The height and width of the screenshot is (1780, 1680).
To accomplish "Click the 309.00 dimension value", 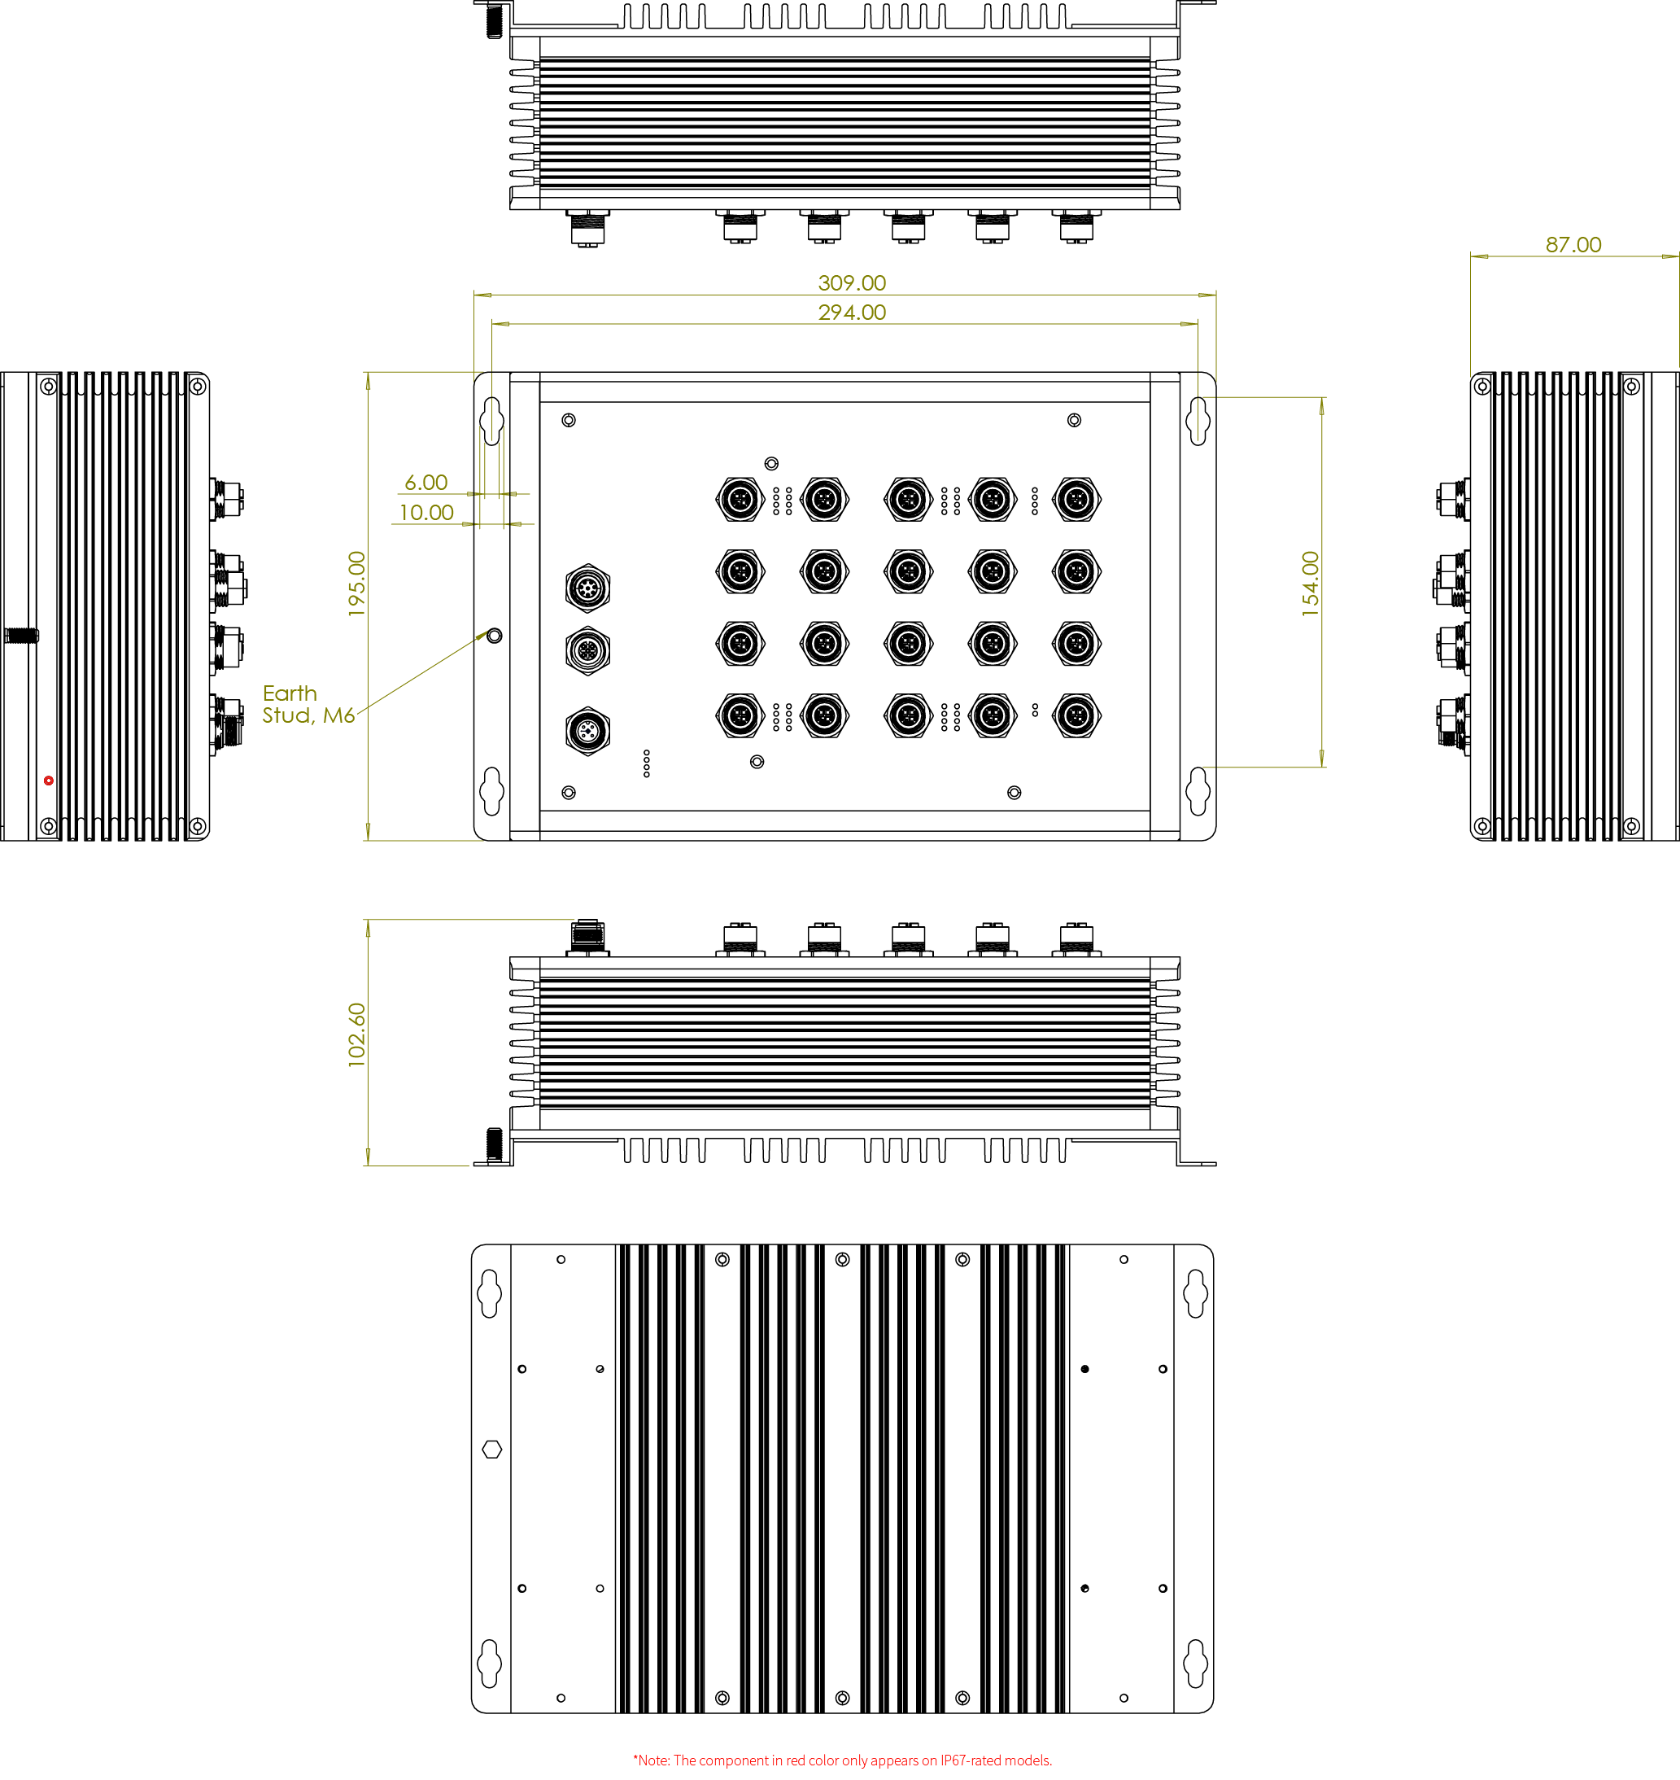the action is tap(852, 283).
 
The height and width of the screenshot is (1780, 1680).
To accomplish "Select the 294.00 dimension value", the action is tap(852, 313).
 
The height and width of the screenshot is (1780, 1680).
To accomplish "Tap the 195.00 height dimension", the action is tap(356, 584).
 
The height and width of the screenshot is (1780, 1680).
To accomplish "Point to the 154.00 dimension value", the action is tap(1310, 584).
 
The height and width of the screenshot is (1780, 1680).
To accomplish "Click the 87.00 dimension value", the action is tap(1573, 244).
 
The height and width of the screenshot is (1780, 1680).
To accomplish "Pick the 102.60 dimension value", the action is tap(356, 1034).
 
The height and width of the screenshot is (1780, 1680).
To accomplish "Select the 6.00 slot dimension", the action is tap(425, 483).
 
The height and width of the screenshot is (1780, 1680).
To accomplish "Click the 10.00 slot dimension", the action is tap(425, 514).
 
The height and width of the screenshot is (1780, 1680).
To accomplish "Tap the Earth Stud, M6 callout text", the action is tap(308, 704).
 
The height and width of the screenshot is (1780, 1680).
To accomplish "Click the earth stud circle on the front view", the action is tap(495, 636).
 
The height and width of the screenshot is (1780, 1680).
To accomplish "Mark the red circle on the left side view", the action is tap(48, 781).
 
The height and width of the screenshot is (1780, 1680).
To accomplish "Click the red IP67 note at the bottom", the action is tap(842, 1760).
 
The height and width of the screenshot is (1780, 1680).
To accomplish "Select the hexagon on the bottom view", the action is tap(491, 1449).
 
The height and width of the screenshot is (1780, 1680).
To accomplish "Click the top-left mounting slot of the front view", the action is tap(491, 420).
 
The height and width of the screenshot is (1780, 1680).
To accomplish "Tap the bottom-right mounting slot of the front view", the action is tap(1198, 791).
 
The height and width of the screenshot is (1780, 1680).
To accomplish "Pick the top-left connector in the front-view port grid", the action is tap(740, 499).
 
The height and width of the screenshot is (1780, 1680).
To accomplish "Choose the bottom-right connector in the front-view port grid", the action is tap(1076, 715).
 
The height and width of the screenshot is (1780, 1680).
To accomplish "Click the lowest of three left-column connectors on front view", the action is tap(587, 730).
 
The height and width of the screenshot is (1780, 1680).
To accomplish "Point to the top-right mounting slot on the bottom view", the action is tap(1194, 1292).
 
